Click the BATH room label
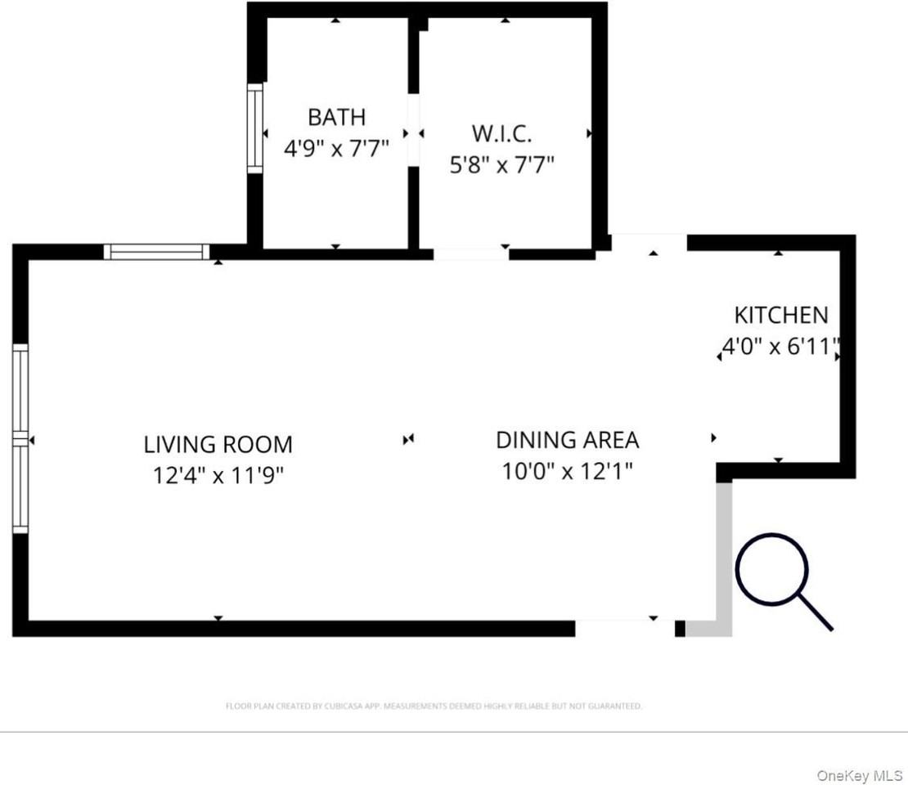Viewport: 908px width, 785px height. [336, 117]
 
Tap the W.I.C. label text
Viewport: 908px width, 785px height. [501, 133]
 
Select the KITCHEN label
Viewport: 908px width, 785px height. [780, 315]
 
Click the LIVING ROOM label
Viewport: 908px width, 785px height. [218, 445]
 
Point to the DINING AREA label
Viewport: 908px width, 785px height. [567, 440]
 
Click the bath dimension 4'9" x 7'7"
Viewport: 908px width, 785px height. [336, 149]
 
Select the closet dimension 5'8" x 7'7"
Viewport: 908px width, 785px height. [501, 165]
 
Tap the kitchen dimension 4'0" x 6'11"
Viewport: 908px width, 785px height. [781, 346]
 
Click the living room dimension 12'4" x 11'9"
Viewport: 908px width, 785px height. [218, 475]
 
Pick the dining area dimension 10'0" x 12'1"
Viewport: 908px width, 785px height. [567, 471]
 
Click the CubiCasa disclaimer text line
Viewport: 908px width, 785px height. [434, 706]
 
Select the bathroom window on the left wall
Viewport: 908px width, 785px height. [255, 128]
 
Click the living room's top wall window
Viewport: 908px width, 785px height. [156, 252]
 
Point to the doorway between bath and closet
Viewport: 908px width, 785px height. [414, 132]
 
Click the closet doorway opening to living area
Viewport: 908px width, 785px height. [470, 253]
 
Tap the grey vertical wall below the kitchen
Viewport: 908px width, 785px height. [724, 552]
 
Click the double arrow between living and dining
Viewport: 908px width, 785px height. [408, 440]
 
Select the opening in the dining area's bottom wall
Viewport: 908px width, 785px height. [624, 628]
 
